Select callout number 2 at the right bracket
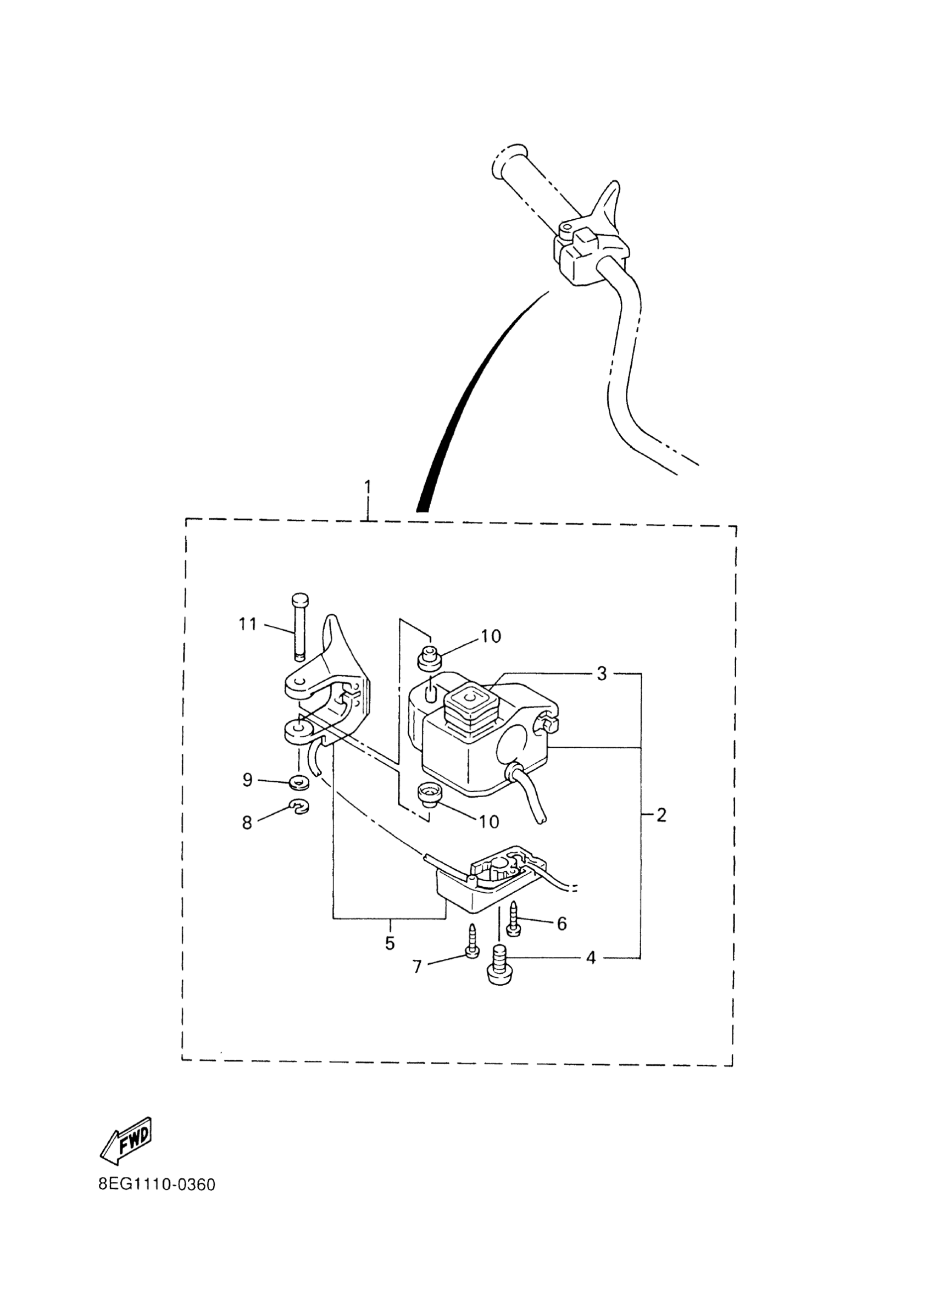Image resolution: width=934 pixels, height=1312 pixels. (x=661, y=815)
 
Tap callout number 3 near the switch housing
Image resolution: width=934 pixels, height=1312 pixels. (x=602, y=674)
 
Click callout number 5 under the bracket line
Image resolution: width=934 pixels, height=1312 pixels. (x=390, y=943)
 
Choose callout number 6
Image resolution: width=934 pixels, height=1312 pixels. (x=561, y=924)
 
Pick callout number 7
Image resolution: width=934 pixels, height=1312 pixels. (x=418, y=967)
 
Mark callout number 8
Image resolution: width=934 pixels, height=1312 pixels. (x=247, y=824)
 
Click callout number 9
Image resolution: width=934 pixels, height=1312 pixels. (x=247, y=780)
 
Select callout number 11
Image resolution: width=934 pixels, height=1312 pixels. (x=248, y=624)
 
